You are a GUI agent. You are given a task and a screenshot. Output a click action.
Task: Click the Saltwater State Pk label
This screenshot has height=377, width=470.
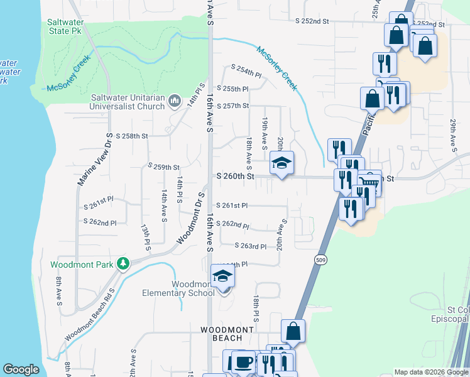click(65, 26)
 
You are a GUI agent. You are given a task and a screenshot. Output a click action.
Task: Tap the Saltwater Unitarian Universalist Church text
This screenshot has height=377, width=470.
click(129, 102)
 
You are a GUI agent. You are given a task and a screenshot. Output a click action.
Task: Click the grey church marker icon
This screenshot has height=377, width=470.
click(175, 102)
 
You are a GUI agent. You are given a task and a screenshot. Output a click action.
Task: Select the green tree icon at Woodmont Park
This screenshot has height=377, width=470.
click(124, 263)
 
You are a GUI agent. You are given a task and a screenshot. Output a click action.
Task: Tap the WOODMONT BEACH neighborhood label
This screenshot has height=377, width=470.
click(227, 334)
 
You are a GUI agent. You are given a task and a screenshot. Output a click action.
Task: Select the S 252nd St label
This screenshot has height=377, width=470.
click(312, 21)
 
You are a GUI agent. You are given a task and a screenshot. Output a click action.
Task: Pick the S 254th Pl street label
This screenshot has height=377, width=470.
click(246, 70)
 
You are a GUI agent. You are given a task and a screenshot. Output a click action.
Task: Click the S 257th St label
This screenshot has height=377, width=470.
click(233, 106)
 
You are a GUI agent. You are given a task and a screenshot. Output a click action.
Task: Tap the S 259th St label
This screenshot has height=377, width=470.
click(163, 167)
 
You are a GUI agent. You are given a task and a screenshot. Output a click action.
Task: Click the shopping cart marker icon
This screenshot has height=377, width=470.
click(371, 183)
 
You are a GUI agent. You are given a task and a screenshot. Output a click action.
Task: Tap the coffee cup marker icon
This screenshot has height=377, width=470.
click(243, 362)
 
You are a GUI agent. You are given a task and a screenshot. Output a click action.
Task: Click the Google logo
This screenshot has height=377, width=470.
click(21, 369)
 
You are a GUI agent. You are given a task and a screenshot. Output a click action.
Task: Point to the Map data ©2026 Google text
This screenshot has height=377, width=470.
click(430, 372)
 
